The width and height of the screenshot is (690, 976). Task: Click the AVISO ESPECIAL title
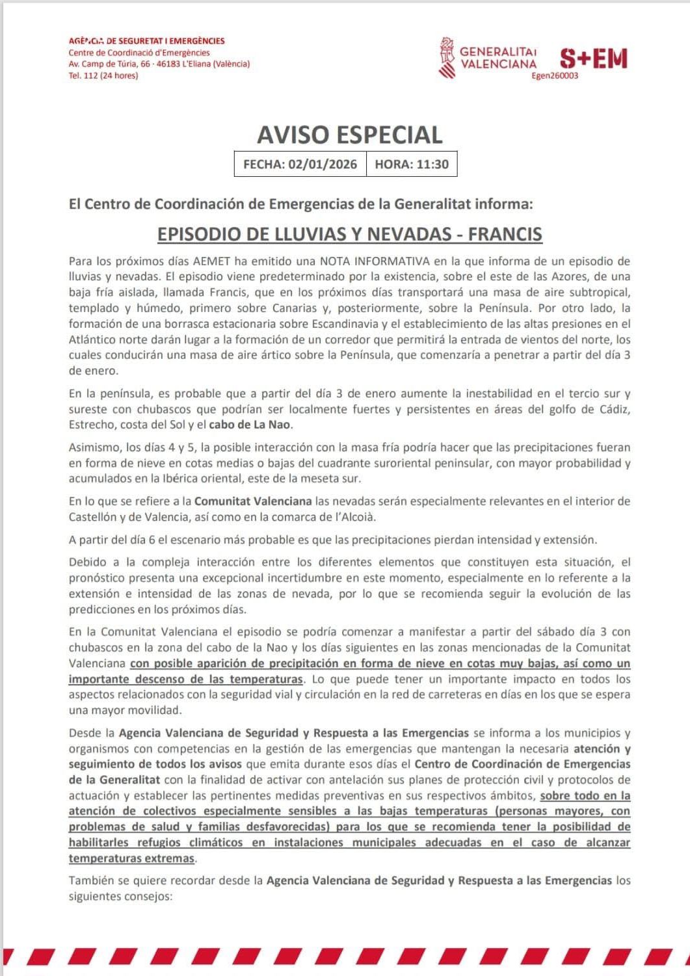point(349,135)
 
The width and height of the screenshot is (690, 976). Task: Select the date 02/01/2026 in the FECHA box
point(323,165)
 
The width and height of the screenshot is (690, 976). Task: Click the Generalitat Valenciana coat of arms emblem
point(446,58)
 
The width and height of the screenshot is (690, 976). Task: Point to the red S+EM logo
point(593,59)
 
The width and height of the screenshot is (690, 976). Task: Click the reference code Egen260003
point(554,75)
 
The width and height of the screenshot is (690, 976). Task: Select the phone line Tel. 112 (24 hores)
point(103,75)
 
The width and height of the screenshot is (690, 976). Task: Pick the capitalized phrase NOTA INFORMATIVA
point(373,261)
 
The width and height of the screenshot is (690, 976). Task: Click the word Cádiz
point(613,410)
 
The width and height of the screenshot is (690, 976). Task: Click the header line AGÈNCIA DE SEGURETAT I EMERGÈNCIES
point(146,41)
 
